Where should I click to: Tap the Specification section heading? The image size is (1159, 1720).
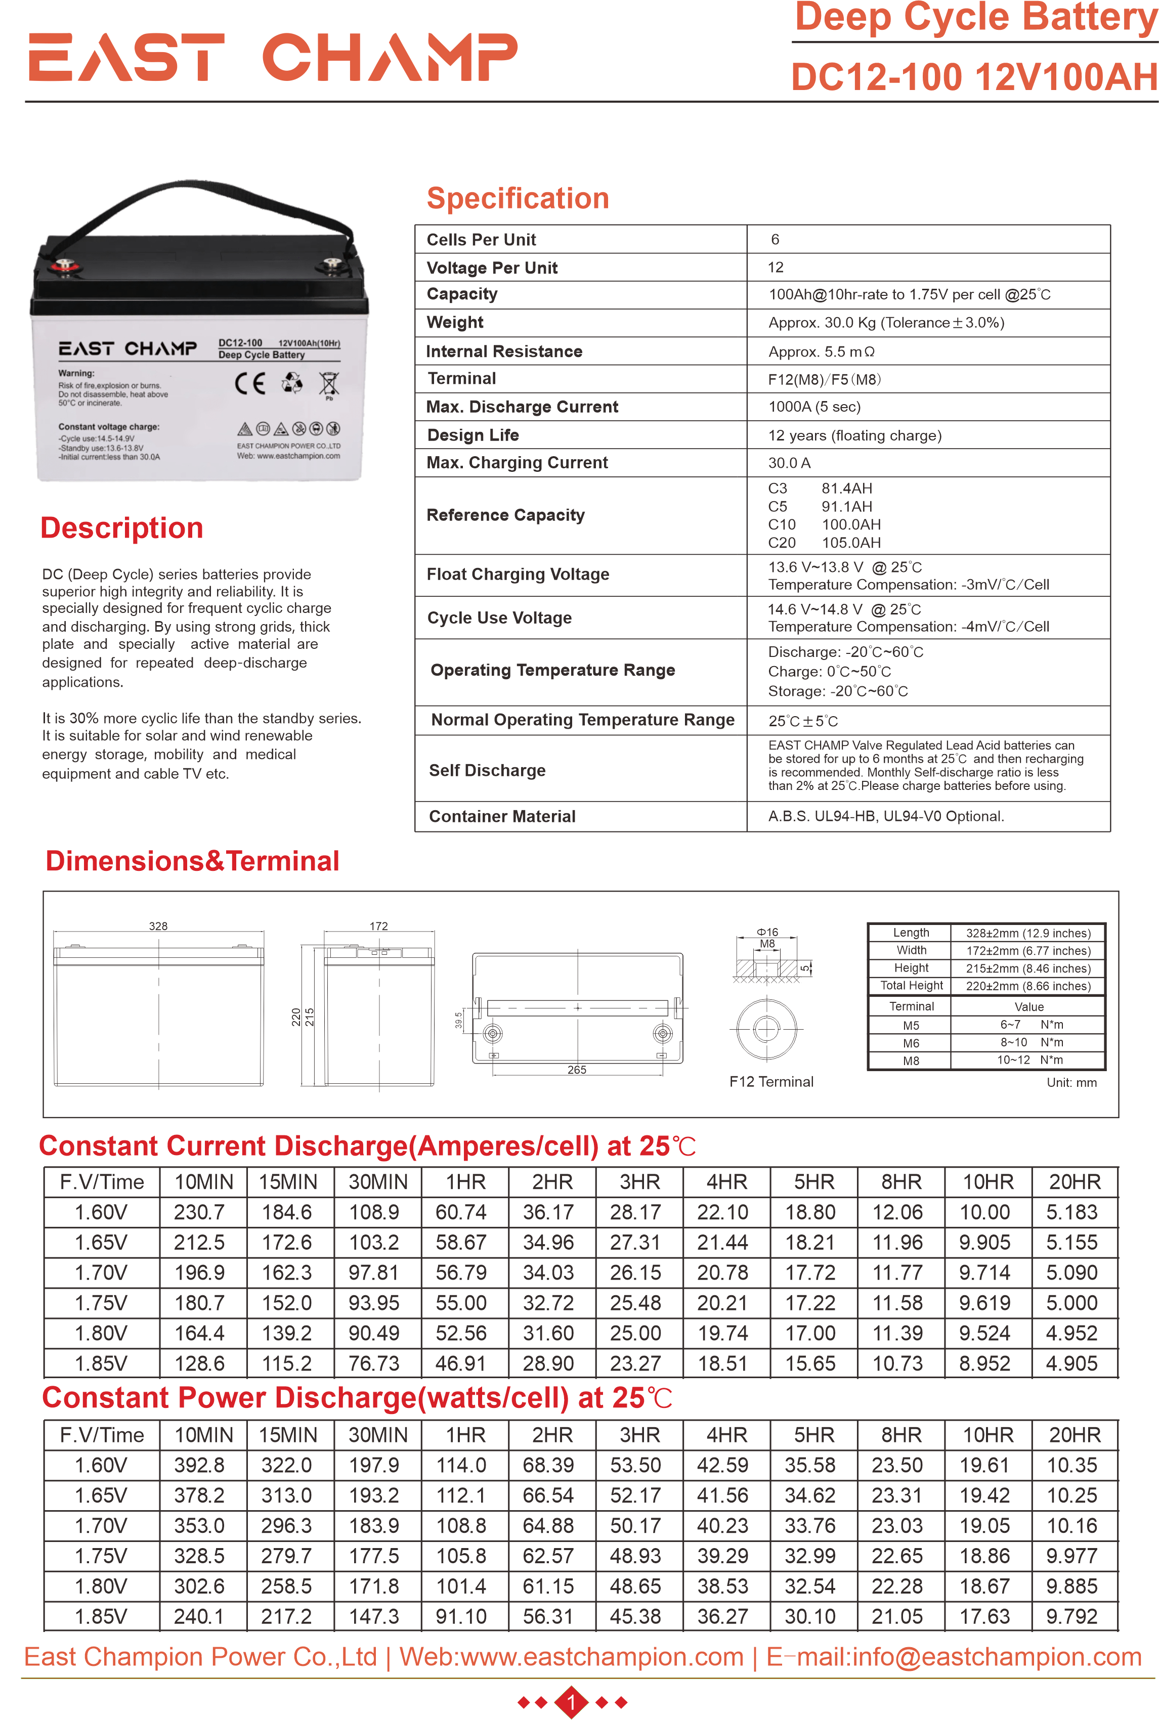(x=518, y=198)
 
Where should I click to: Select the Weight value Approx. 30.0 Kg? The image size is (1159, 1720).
(x=885, y=323)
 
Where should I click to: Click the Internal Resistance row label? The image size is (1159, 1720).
(x=504, y=351)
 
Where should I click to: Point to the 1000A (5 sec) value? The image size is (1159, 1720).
(x=814, y=407)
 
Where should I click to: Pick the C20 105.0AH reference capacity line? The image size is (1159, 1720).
(x=824, y=543)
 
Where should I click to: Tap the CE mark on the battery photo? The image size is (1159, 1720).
(x=250, y=383)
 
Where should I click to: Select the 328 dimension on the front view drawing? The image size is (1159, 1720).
(x=158, y=926)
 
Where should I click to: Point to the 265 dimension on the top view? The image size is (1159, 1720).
(x=577, y=1070)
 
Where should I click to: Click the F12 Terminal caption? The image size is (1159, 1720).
(x=771, y=1082)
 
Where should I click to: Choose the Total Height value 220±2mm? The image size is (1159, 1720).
(x=1027, y=986)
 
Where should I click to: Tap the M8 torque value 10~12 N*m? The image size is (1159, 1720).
(x=1029, y=1060)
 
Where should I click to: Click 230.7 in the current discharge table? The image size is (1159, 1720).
(x=199, y=1212)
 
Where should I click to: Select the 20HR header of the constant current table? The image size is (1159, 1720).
(x=1075, y=1182)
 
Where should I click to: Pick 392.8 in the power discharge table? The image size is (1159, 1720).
(x=199, y=1465)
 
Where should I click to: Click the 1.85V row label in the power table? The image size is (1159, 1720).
(x=101, y=1616)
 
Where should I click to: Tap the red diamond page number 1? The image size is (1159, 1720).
(x=571, y=1702)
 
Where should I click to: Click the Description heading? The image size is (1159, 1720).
(x=122, y=528)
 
